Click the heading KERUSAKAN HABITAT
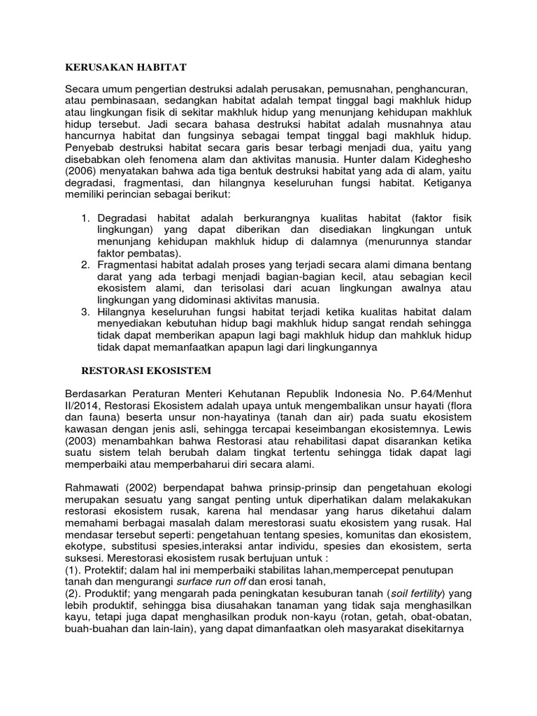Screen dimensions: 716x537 tap(126, 67)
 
